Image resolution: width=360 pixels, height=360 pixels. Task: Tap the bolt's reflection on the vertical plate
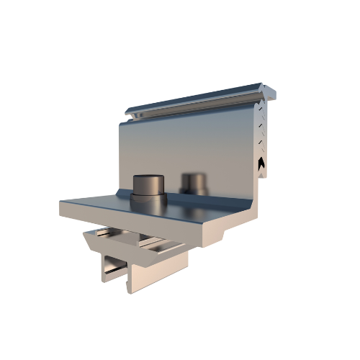tap(194, 181)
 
